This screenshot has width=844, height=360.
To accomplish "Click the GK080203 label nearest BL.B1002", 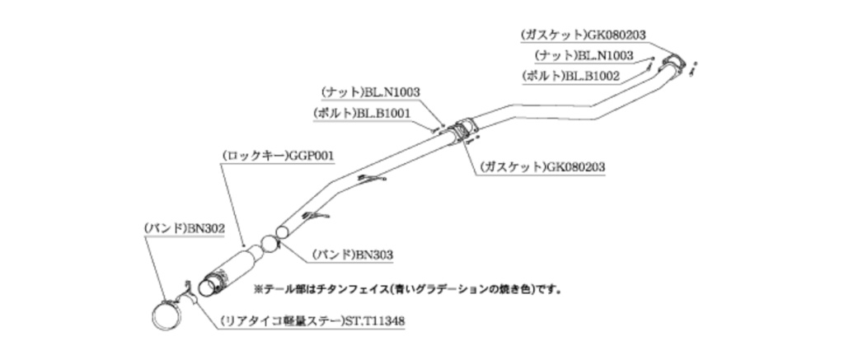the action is click(x=613, y=35).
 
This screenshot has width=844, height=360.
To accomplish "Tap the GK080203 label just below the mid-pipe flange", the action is click(x=575, y=166).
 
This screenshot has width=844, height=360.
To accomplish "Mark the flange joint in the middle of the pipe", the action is click(x=462, y=129).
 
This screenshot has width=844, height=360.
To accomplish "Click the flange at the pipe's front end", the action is click(x=674, y=63).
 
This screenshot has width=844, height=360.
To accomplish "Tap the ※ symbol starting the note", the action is click(x=257, y=290).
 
